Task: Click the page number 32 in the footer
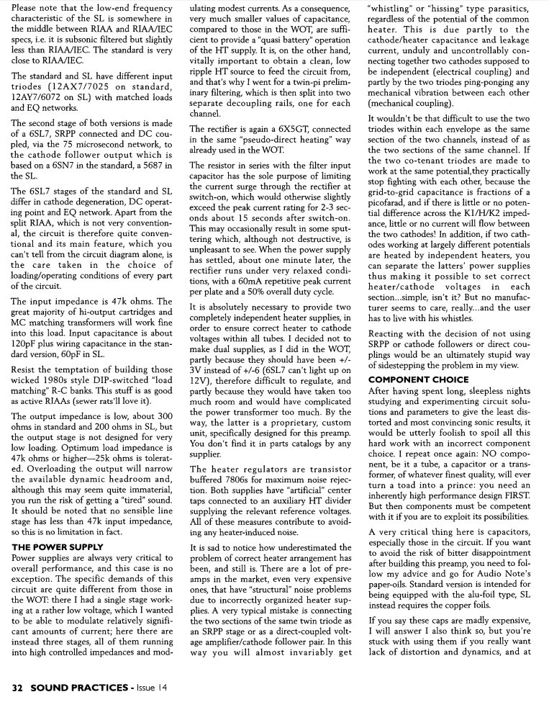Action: tap(18, 688)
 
